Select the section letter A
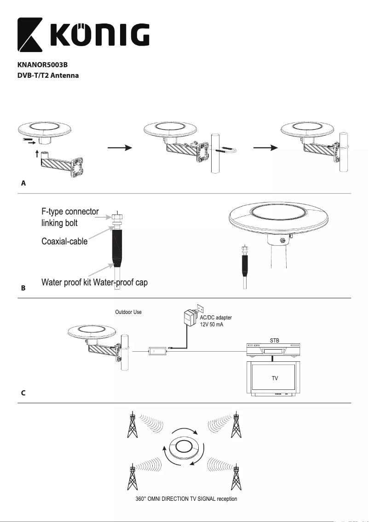point(23,183)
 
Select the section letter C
point(23,394)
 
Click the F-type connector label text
point(70,212)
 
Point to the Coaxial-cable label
point(64,241)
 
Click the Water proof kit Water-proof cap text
point(94,282)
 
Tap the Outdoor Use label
point(128,312)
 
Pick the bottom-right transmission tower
point(236,476)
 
